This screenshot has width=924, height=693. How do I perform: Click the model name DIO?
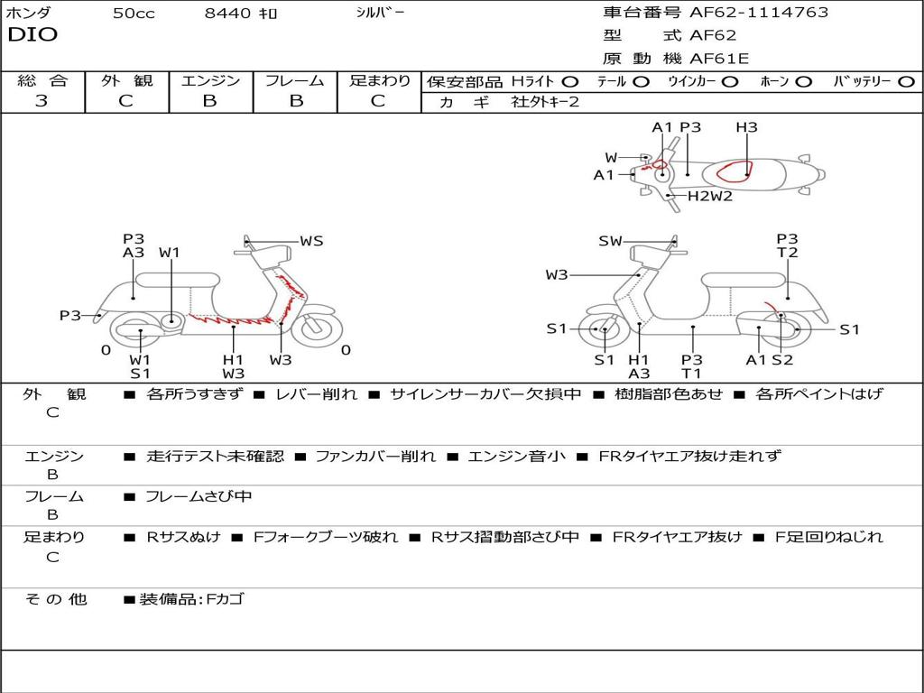pyautogui.click(x=32, y=35)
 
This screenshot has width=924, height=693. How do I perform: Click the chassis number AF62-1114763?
pyautogui.click(x=759, y=13)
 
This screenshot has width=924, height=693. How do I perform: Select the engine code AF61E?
pyautogui.click(x=719, y=59)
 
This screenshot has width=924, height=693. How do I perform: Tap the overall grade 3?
pyautogui.click(x=42, y=101)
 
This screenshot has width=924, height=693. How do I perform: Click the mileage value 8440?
pyautogui.click(x=227, y=13)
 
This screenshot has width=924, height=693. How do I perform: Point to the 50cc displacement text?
pyautogui.click(x=134, y=13)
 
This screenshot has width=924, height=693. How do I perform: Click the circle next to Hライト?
pyautogui.click(x=570, y=82)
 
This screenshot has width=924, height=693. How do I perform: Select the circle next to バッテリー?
pyautogui.click(x=907, y=82)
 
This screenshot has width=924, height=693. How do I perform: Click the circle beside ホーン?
pyautogui.click(x=804, y=82)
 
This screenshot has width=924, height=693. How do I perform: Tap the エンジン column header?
pyautogui.click(x=210, y=80)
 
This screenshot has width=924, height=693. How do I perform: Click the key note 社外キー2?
pyautogui.click(x=545, y=102)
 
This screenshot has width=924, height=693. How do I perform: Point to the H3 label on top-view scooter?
pyautogui.click(x=746, y=127)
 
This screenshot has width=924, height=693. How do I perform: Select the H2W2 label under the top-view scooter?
pyautogui.click(x=710, y=196)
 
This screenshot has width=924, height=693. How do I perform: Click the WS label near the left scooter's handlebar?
pyautogui.click(x=311, y=241)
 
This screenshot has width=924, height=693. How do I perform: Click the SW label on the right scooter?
pyautogui.click(x=611, y=241)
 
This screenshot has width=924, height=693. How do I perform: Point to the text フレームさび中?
pyautogui.click(x=199, y=497)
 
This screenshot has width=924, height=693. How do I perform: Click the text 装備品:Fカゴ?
pyautogui.click(x=191, y=600)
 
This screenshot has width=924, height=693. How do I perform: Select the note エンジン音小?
pyautogui.click(x=516, y=456)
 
